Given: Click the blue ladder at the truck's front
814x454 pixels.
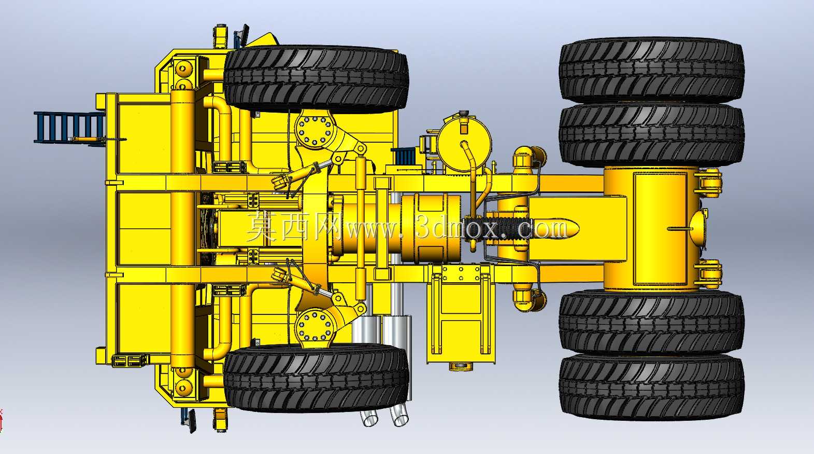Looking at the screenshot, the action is (69, 127).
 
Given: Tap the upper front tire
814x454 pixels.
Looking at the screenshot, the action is (316, 79).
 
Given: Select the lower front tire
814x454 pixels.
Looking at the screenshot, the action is (316, 378).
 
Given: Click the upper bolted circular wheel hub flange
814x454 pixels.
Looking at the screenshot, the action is (314, 130).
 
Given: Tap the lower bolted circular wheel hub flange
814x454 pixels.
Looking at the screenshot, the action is (314, 326).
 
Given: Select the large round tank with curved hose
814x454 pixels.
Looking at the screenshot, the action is (464, 143).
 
